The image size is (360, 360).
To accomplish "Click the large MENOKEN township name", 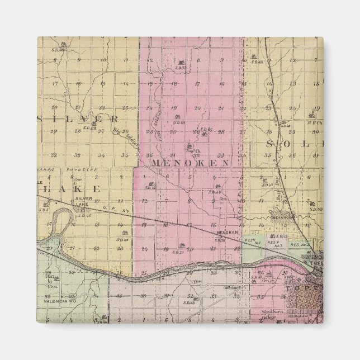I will [190, 163].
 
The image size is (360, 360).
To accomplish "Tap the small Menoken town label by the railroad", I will [228, 232].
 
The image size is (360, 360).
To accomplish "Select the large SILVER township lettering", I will [78, 119].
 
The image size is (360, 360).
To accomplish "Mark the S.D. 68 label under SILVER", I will [90, 128].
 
